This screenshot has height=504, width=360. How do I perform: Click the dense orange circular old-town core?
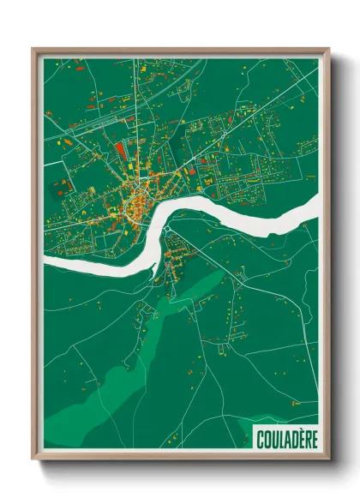point(135,206)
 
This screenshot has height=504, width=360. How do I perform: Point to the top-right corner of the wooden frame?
point(328,49)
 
